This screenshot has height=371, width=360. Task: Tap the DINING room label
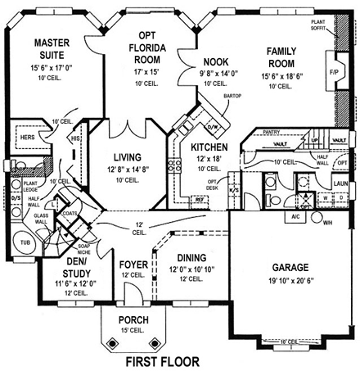[x=189, y=256]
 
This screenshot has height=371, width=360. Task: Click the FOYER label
[x=133, y=265]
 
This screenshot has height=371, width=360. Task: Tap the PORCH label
[x=133, y=319]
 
